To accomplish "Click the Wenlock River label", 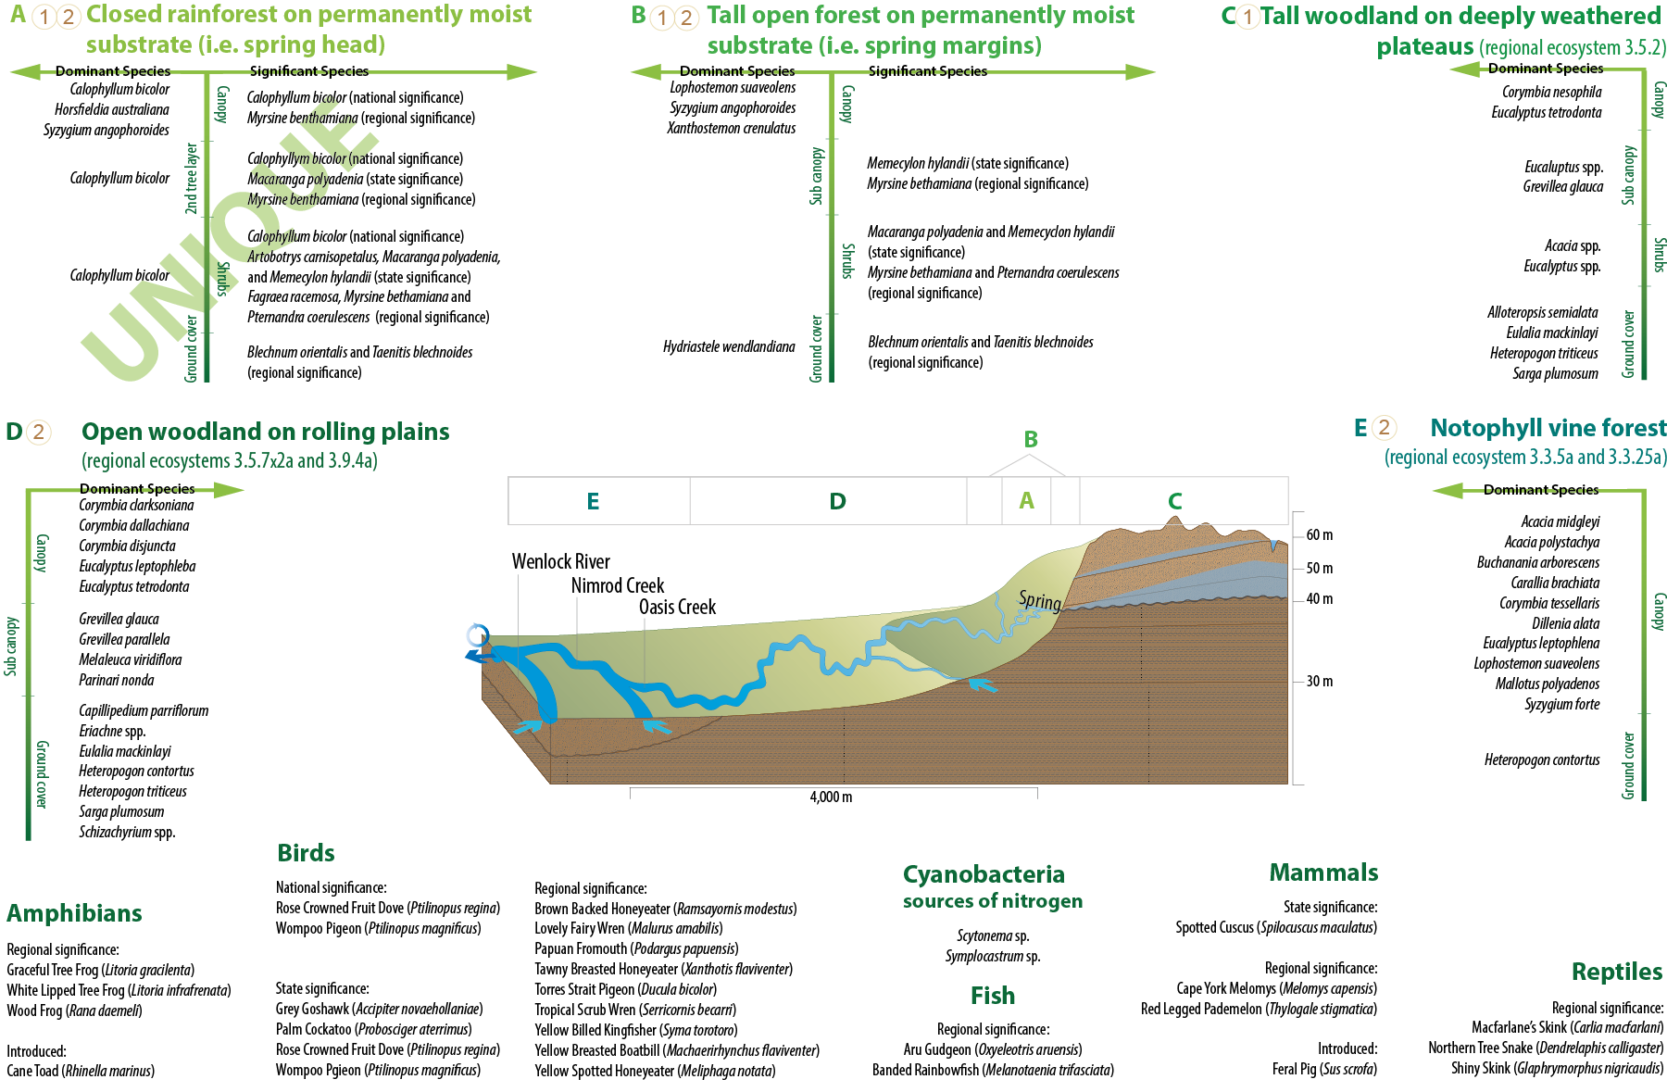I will pyautogui.click(x=560, y=561).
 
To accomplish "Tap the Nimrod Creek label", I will pyautogui.click(x=617, y=585).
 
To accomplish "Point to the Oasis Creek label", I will pyautogui.click(x=677, y=607).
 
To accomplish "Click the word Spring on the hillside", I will pyautogui.click(x=1040, y=601).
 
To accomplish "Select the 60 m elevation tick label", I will pyautogui.click(x=1319, y=535).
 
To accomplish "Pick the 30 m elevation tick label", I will pyautogui.click(x=1319, y=682).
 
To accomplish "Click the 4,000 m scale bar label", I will pyautogui.click(x=831, y=797).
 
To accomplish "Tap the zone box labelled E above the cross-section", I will pyautogui.click(x=594, y=501).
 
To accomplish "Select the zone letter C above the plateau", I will pyautogui.click(x=1175, y=501).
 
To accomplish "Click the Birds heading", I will pyautogui.click(x=306, y=853).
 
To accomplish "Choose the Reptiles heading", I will pyautogui.click(x=1616, y=972).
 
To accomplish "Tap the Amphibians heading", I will pyautogui.click(x=74, y=913).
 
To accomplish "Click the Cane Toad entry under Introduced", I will pyautogui.click(x=81, y=1071).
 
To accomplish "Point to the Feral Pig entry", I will pyautogui.click(x=1324, y=1069).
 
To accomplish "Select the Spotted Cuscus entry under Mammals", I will pyautogui.click(x=1275, y=927).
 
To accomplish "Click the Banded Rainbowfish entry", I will pyautogui.click(x=993, y=1070).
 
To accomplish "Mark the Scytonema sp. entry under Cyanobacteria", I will pyautogui.click(x=993, y=935).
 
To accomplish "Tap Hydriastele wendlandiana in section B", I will pyautogui.click(x=729, y=346).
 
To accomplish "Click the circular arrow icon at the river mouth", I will pyautogui.click(x=478, y=635).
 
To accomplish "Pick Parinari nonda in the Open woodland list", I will pyautogui.click(x=117, y=680).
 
